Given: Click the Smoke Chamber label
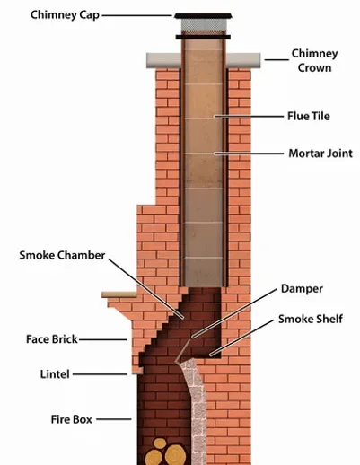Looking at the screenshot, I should [x=62, y=255].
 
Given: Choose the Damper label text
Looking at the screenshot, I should [x=300, y=289].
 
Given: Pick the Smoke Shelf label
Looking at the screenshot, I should [x=311, y=319].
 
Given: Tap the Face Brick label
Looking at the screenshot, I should [x=53, y=339].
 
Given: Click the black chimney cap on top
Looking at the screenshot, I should [x=202, y=20].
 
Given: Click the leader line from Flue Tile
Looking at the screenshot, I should [x=246, y=116].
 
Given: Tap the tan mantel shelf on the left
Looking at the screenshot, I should [x=122, y=294].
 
